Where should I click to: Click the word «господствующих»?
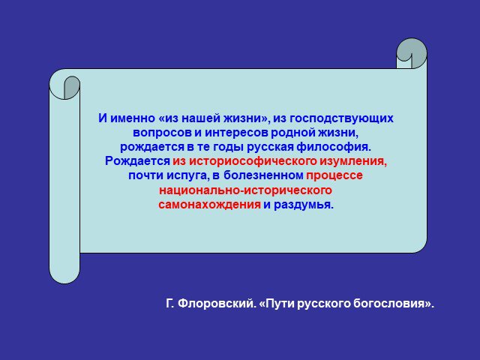[x=341, y=118]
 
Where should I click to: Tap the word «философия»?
[x=334, y=147]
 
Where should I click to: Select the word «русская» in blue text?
[x=270, y=148]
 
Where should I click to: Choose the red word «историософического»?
[x=253, y=161]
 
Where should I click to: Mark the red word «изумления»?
[x=353, y=161]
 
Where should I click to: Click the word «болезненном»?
[x=263, y=175]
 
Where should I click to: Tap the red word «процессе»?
[x=334, y=176]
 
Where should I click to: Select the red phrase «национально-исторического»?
[x=245, y=190]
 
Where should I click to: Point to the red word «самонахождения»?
[x=210, y=205]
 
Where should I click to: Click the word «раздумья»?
[x=303, y=205]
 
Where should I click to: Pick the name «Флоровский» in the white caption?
[x=217, y=304]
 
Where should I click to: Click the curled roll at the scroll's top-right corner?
[x=412, y=53]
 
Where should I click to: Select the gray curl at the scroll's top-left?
[x=71, y=87]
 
